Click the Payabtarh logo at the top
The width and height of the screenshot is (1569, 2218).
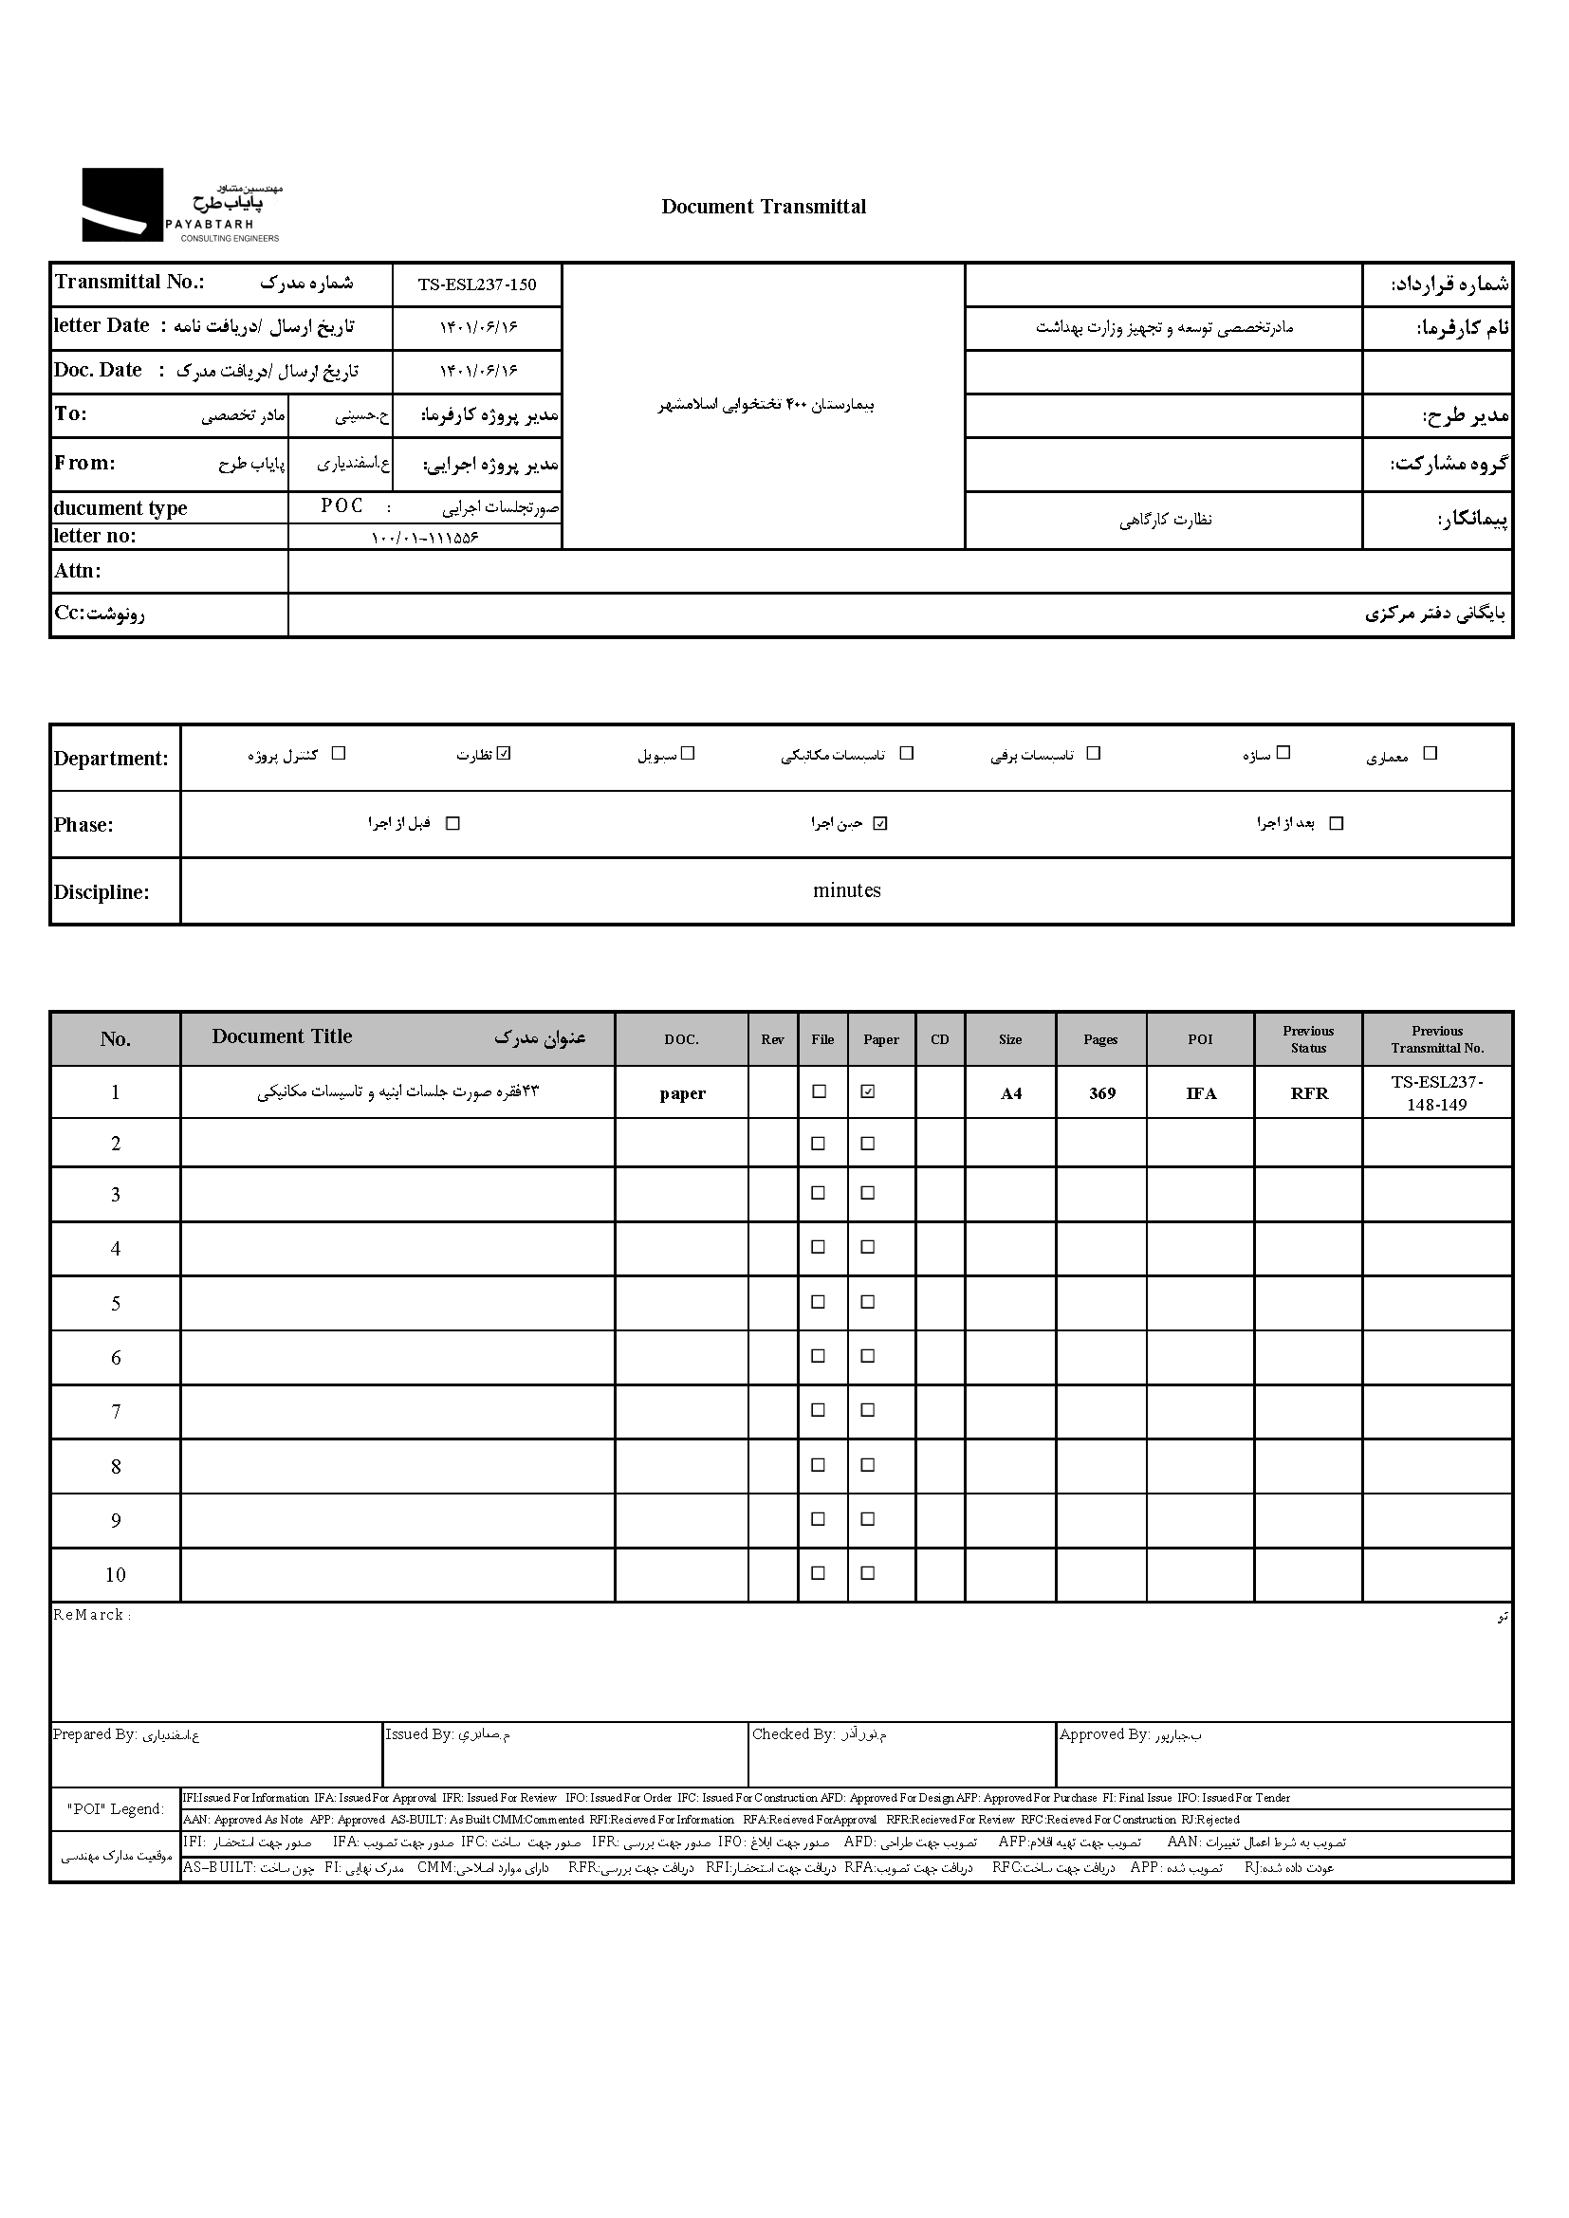[x=180, y=205]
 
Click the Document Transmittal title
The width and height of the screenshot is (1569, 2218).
[x=764, y=207]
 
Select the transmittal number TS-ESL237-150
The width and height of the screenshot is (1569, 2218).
[x=476, y=285]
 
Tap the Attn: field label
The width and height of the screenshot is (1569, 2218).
[x=77, y=571]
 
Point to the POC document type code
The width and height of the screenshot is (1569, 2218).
[x=342, y=506]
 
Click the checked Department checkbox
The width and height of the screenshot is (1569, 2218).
[x=504, y=754]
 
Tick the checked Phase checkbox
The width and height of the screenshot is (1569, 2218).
[x=879, y=823]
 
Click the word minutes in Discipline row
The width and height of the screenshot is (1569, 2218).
[x=846, y=890]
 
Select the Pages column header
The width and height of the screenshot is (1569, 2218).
[x=1100, y=1039]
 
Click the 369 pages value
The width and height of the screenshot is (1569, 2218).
[x=1102, y=1093]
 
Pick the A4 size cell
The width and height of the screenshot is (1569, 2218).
[x=1010, y=1093]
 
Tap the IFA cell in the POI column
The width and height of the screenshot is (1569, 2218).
[x=1201, y=1093]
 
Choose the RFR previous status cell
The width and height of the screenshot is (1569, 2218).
[x=1309, y=1093]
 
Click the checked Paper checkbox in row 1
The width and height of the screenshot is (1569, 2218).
[x=868, y=1091]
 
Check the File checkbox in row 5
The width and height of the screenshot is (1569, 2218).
[x=819, y=1302]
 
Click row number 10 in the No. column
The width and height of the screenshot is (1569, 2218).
[x=115, y=1575]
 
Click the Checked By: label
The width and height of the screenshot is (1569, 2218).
[x=793, y=1735]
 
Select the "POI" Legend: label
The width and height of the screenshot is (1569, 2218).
[x=116, y=1809]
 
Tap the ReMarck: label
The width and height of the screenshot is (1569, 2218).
[x=92, y=1615]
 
